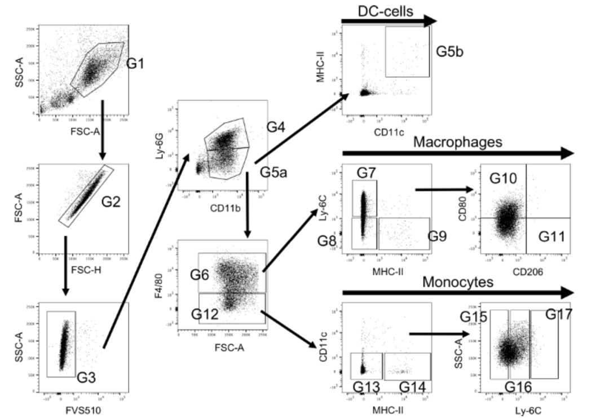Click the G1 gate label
(x=135, y=64)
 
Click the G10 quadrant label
(x=503, y=179)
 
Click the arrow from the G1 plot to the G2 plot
(x=103, y=130)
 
